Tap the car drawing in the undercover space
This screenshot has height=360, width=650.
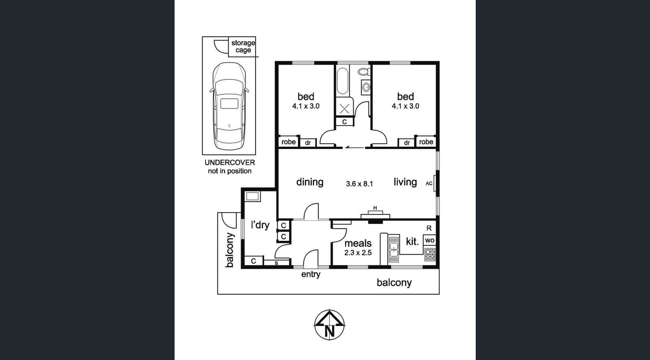tap(229, 106)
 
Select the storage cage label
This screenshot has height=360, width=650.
tap(243, 46)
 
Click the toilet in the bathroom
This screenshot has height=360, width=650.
tap(364, 71)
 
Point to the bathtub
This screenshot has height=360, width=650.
tap(343, 81)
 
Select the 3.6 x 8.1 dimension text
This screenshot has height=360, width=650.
tap(359, 184)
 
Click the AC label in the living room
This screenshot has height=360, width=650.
tap(429, 184)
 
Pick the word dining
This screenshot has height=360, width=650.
tap(310, 182)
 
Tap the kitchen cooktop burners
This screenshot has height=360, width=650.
tap(430, 254)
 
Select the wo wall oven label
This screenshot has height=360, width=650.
tap(430, 241)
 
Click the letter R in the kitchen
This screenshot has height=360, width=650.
tap(429, 228)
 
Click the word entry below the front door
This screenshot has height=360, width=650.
tap(311, 274)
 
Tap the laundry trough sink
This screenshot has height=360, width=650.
tap(252, 197)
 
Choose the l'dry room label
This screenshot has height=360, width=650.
tap(260, 225)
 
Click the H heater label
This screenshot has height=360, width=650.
tap(375, 208)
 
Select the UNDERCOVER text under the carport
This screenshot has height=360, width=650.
tap(230, 163)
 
